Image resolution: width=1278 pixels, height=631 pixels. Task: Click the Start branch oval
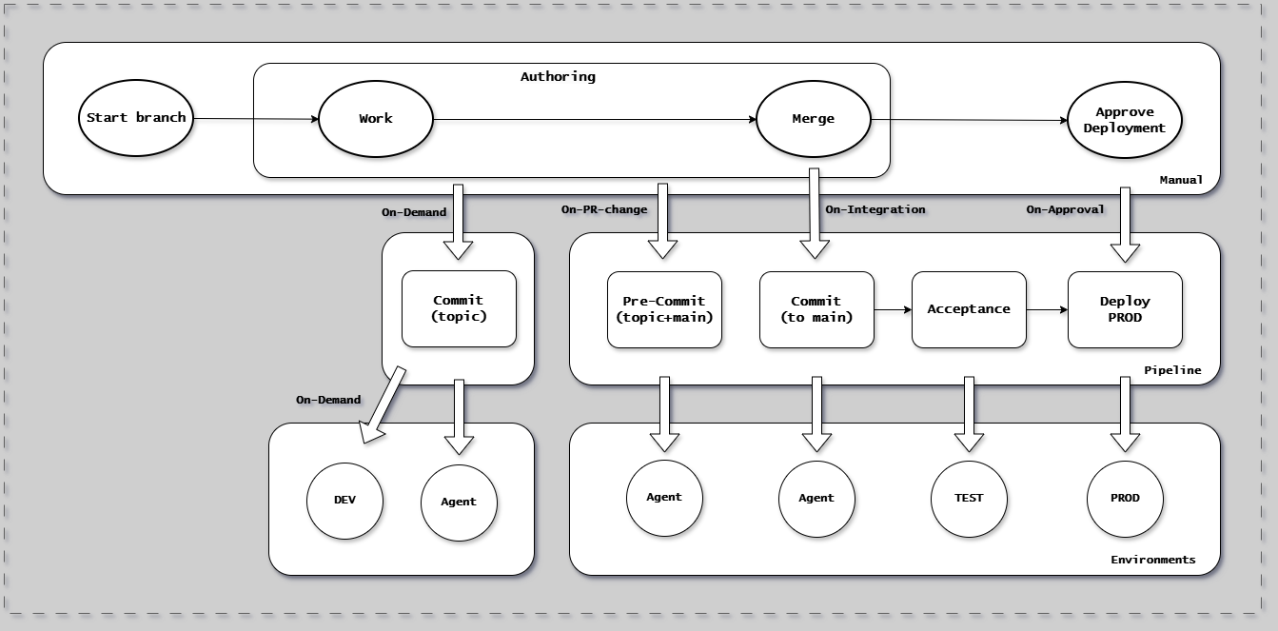[135, 119]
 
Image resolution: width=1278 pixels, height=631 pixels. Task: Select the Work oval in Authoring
[375, 119]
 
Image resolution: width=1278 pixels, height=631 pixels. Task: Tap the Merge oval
[813, 119]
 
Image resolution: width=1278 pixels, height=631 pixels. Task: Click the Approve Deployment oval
[1124, 120]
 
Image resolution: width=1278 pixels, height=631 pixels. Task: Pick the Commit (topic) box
[459, 308]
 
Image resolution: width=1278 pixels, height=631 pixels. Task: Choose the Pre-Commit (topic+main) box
[664, 309]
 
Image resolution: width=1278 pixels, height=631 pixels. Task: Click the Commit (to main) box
[816, 309]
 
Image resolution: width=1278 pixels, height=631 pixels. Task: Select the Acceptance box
[969, 309]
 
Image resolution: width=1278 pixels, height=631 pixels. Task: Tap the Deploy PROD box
[1125, 309]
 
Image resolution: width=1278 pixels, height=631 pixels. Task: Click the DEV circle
[344, 501]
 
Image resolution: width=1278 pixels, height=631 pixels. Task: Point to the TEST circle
[969, 498]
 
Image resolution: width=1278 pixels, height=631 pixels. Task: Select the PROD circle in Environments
[1125, 498]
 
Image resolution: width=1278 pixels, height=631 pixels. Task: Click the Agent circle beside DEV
[459, 502]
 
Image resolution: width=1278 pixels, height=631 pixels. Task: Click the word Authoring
[558, 77]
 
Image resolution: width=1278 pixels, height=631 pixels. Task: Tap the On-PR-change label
[603, 209]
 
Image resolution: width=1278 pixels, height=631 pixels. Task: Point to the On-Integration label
[875, 209]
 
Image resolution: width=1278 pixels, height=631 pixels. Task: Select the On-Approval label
[1065, 209]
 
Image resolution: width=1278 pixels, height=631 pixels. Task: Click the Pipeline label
[1172, 370]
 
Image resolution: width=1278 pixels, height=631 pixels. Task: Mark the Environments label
[1152, 560]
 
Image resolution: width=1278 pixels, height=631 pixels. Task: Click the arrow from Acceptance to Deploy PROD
[1047, 309]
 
